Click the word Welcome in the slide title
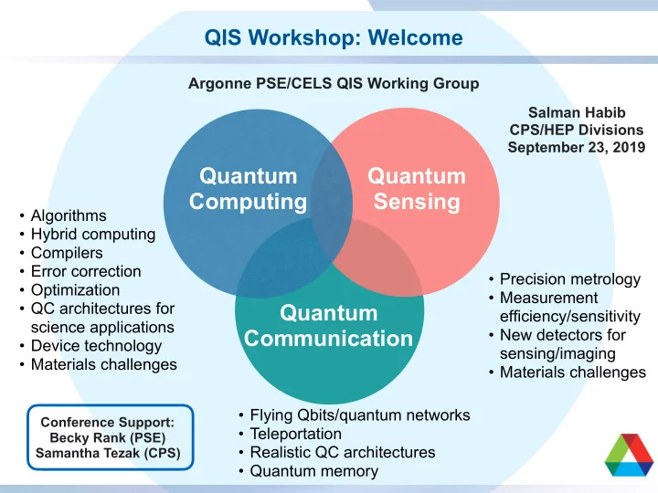(416, 37)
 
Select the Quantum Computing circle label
(248, 188)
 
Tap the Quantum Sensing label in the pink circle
(417, 188)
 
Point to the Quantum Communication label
(329, 326)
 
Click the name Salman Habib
(577, 112)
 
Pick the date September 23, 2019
(576, 147)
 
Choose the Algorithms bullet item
(69, 215)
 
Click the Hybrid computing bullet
(93, 234)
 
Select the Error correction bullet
(86, 271)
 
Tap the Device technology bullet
(97, 346)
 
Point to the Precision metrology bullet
(570, 279)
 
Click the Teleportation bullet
(296, 434)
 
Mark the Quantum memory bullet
(314, 471)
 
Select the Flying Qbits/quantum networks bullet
(360, 415)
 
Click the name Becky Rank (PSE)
(108, 437)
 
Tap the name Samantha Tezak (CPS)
(108, 453)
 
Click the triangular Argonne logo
(628, 455)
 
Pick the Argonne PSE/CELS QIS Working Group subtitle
(334, 83)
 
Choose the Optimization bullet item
(76, 290)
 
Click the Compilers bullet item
(67, 253)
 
